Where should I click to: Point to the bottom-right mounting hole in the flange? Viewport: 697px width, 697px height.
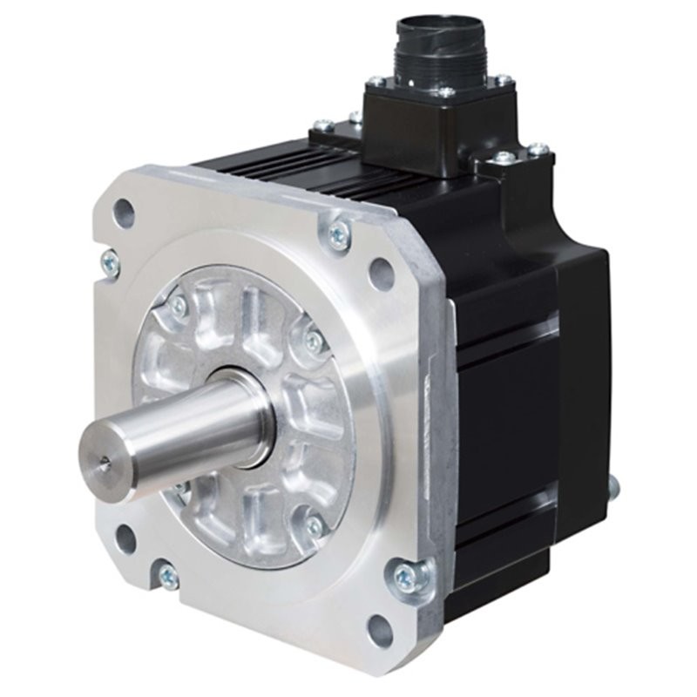(378, 626)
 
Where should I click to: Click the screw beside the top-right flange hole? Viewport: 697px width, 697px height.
(337, 233)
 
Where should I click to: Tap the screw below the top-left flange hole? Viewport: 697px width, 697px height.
(110, 258)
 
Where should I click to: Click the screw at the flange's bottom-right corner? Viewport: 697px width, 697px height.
(406, 576)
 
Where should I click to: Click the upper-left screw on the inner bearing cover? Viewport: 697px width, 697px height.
(179, 304)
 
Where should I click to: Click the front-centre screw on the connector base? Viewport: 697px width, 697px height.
(445, 91)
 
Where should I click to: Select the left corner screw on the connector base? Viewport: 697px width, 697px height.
(376, 82)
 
